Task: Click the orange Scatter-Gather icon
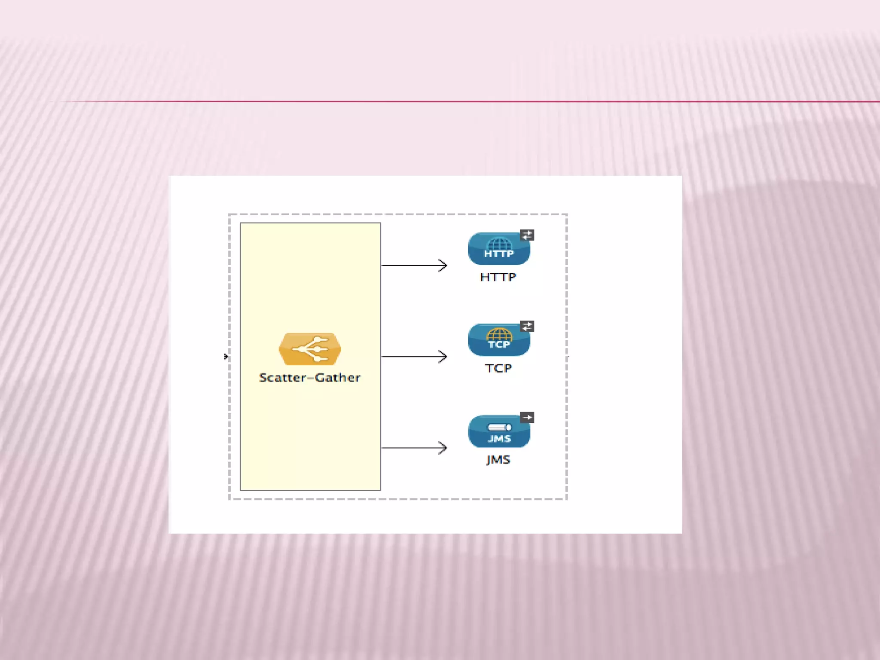[x=310, y=348]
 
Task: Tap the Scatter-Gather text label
[x=310, y=378]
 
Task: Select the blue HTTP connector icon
[x=499, y=249]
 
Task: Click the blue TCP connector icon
[x=499, y=340]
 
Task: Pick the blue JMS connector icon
[x=499, y=431]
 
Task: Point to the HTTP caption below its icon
[x=498, y=278]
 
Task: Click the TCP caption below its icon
[x=498, y=369]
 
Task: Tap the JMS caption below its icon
[x=498, y=460]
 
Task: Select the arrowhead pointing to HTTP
[x=443, y=266]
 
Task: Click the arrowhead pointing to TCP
[x=443, y=357]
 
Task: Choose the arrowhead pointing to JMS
[x=443, y=448]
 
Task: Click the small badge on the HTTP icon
[x=527, y=235]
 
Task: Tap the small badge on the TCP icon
[x=527, y=326]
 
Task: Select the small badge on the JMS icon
[x=527, y=417]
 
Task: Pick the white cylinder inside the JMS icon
[x=499, y=427]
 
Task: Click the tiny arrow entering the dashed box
[x=226, y=357]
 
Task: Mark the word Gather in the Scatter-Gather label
[x=338, y=378]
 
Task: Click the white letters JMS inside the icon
[x=499, y=439]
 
